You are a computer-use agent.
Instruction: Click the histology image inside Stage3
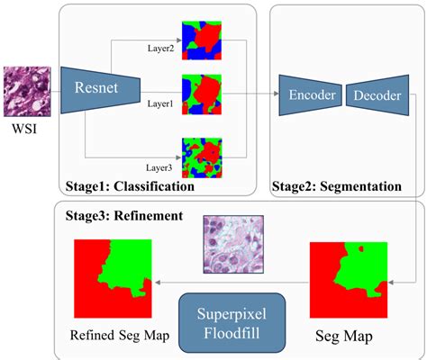tap(232, 244)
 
